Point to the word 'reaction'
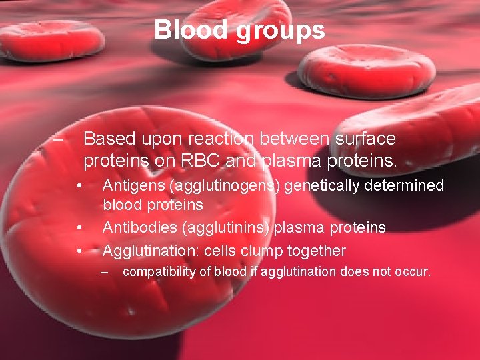click(224, 139)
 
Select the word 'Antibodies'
click(139, 227)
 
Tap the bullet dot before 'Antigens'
click(79, 185)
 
